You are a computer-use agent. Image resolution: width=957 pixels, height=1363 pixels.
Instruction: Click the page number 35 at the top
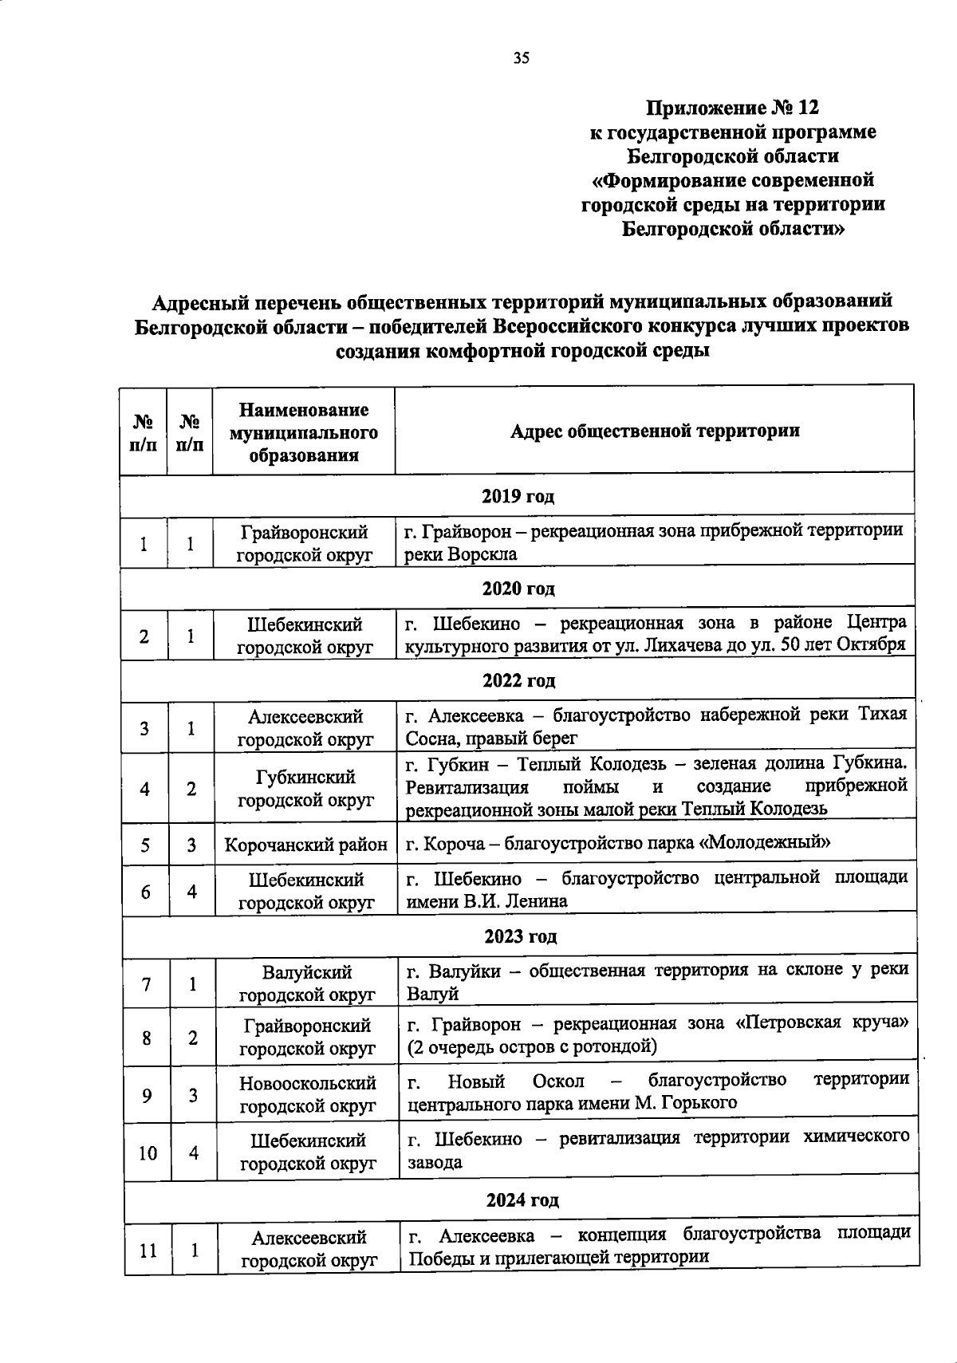(521, 57)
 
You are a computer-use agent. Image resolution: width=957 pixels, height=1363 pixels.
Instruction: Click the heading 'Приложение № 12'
(732, 107)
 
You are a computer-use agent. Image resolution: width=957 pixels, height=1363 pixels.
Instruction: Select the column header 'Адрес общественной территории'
(654, 431)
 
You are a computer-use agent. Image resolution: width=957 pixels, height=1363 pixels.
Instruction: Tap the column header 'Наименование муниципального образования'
(304, 432)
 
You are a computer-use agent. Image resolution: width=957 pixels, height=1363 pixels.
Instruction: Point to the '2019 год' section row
(518, 496)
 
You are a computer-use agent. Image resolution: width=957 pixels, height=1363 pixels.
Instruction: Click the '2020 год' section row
(518, 589)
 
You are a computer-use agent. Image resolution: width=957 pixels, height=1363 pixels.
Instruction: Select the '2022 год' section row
(518, 681)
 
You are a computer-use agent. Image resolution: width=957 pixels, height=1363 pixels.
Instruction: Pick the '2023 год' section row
(520, 936)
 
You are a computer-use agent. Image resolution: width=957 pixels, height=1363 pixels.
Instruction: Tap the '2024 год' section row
(522, 1200)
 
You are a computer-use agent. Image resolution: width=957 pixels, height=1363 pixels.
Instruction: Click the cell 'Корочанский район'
(306, 845)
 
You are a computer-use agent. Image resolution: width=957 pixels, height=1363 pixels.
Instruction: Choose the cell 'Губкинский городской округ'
(306, 788)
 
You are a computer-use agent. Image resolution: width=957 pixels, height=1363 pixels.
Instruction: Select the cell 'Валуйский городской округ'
(307, 983)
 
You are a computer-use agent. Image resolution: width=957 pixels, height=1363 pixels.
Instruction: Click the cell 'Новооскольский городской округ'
(308, 1094)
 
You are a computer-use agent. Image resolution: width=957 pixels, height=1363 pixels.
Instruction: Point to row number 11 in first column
(148, 1250)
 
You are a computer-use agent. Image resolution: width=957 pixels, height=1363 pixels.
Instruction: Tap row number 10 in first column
(148, 1152)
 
